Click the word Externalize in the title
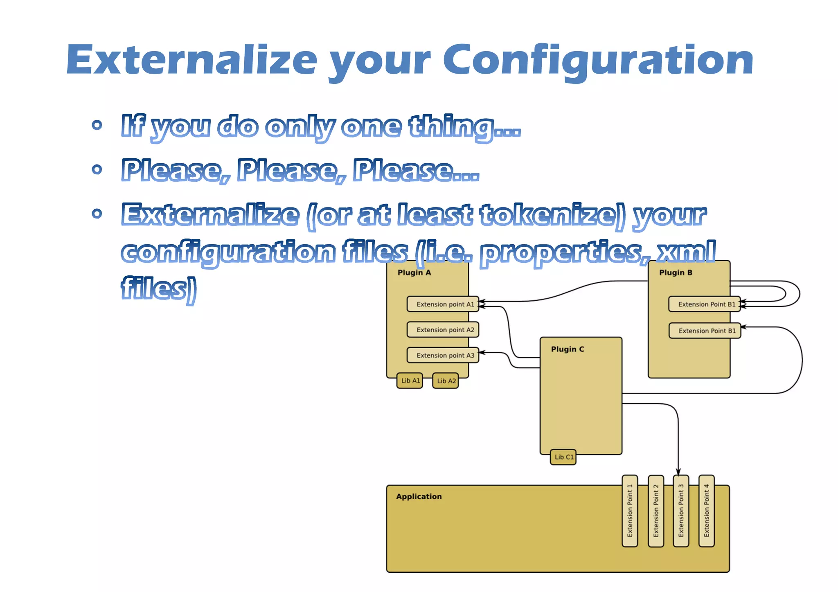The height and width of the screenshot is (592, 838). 191,61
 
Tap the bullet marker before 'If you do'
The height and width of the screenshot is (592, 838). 97,125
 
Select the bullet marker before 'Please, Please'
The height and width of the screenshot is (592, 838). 97,169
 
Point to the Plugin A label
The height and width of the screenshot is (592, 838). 414,272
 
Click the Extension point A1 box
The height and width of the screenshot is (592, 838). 443,304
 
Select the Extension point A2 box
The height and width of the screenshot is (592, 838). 443,330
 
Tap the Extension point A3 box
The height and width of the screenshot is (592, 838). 443,355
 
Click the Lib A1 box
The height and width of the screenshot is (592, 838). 410,380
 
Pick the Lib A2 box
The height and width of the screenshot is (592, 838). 446,381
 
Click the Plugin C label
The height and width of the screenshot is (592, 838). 567,349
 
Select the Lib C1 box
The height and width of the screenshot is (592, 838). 563,457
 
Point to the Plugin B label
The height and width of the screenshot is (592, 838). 676,272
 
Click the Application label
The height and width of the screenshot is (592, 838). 419,496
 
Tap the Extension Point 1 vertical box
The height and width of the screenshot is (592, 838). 630,511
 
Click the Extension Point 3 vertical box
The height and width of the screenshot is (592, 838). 681,511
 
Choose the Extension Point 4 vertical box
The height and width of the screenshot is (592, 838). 707,511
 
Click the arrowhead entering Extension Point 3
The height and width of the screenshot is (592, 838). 678,472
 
